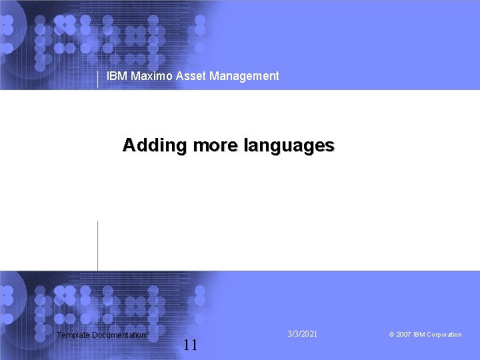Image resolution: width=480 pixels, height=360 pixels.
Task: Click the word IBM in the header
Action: [x=117, y=76]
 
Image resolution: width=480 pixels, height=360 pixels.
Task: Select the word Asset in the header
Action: [x=191, y=76]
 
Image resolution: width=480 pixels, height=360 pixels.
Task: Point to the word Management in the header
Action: [x=244, y=76]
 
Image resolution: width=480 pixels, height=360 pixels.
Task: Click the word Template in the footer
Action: [x=73, y=335]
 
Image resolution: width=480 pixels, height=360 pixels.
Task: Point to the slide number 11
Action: [x=190, y=345]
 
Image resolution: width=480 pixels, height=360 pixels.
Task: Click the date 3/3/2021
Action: [x=303, y=333]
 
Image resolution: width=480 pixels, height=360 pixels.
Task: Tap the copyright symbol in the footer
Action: [x=391, y=335]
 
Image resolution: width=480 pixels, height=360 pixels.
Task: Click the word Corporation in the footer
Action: [x=444, y=335]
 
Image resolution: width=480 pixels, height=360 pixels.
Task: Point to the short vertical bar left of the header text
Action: [x=98, y=79]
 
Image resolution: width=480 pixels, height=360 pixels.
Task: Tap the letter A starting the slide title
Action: [x=129, y=145]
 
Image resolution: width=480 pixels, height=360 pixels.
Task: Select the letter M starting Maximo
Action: [x=135, y=76]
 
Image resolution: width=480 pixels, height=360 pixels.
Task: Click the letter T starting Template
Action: [x=59, y=335]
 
